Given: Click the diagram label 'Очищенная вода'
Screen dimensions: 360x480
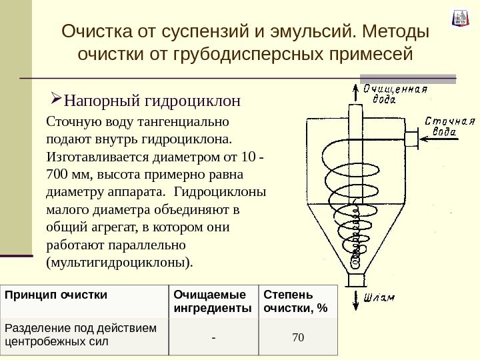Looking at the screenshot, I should pyautogui.click(x=393, y=94).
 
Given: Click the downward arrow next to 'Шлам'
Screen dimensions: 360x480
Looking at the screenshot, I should pyautogui.click(x=353, y=297).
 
